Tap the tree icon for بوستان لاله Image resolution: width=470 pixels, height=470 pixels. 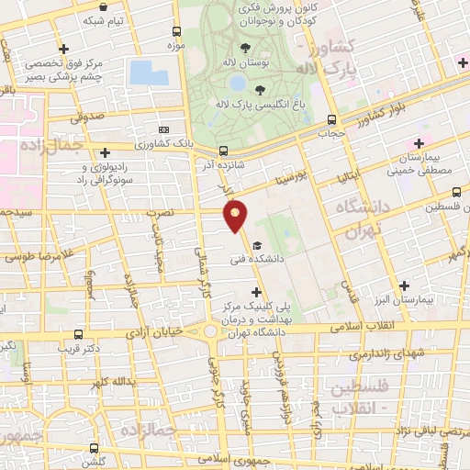click(x=245, y=48)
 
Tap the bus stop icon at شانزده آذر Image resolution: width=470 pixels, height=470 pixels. click(x=223, y=151)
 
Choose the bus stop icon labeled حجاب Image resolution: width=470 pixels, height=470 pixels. click(x=330, y=118)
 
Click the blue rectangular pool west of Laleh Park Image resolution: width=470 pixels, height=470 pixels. click(x=149, y=73)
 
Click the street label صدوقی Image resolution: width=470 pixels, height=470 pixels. click(x=87, y=117)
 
